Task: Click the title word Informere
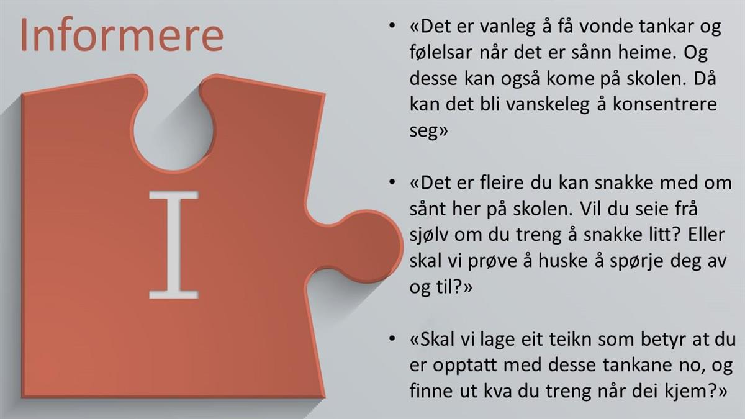coord(122,35)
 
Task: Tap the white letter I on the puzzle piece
coord(174,245)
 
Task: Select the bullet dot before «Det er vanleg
coord(392,25)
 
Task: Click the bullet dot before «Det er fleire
coord(392,182)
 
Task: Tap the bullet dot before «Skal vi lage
coord(392,338)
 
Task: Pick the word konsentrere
coord(664,104)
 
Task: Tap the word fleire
coord(502,183)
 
